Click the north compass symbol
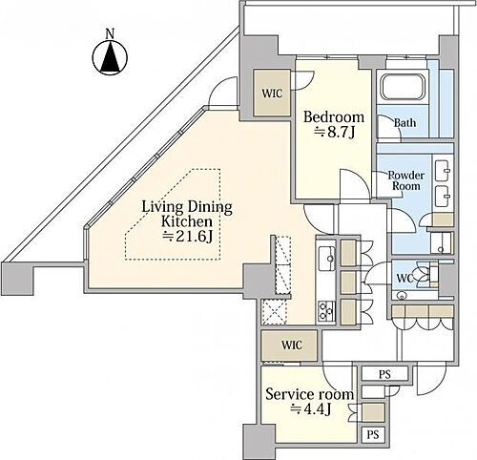pyautogui.click(x=110, y=58)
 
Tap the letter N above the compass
pyautogui.click(x=110, y=34)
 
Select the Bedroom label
pyautogui.click(x=334, y=117)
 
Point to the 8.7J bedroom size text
pyautogui.click(x=334, y=133)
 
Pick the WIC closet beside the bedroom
pyautogui.click(x=272, y=93)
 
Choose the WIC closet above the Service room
pyautogui.click(x=289, y=345)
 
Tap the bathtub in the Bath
pyautogui.click(x=404, y=87)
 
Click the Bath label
pyautogui.click(x=404, y=123)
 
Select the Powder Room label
pyautogui.click(x=406, y=180)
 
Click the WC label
pyautogui.click(x=404, y=279)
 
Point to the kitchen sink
pyautogui.click(x=326, y=258)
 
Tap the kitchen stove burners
pyautogui.click(x=326, y=310)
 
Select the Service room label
pyautogui.click(x=309, y=394)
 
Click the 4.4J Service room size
pyautogui.click(x=311, y=409)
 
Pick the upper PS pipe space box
pyautogui.click(x=384, y=374)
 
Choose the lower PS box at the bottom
pyautogui.click(x=373, y=434)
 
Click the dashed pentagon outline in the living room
pyautogui.click(x=173, y=215)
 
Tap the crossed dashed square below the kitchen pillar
pyautogui.click(x=274, y=312)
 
